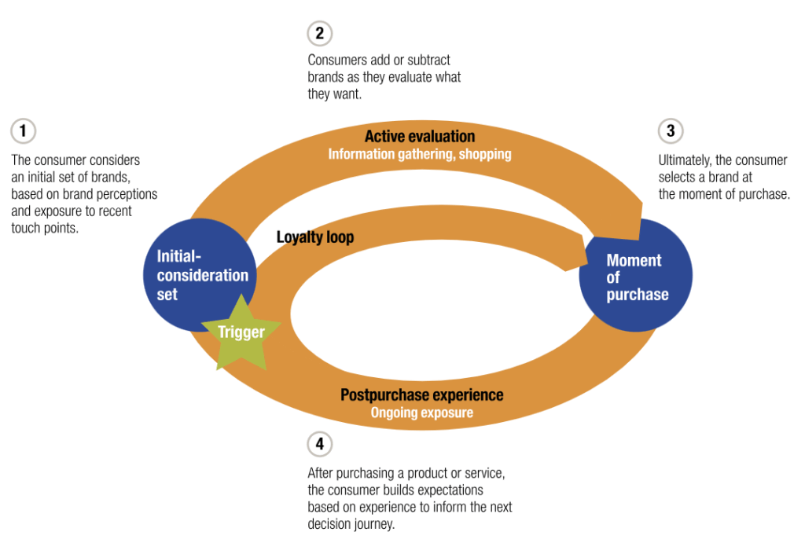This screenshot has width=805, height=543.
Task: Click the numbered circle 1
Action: click(x=24, y=130)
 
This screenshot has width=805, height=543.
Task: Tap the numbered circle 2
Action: click(x=319, y=33)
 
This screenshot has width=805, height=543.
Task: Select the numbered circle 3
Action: click(x=670, y=130)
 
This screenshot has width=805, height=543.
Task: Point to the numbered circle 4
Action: click(x=319, y=444)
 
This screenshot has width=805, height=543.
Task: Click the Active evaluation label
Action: click(x=420, y=137)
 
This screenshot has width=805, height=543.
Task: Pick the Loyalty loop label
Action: click(x=315, y=237)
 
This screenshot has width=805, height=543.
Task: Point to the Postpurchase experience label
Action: click(x=421, y=394)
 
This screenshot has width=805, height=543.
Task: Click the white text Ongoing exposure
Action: click(x=421, y=412)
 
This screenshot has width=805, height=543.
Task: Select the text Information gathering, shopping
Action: click(x=420, y=154)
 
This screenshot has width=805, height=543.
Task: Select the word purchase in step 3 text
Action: click(x=762, y=194)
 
